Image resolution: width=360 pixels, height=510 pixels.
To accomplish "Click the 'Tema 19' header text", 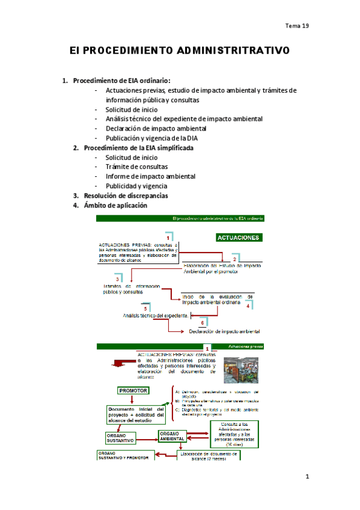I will [296, 26].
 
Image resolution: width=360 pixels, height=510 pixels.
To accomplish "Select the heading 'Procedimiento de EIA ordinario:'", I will [121, 81].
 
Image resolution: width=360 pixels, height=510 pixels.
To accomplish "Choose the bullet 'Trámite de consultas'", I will [136, 167].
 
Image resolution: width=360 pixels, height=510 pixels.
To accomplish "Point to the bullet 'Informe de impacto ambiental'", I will [150, 176].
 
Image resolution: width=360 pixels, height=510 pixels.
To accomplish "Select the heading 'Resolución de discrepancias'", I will [126, 195].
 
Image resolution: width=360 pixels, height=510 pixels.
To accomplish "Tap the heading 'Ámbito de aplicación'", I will [115, 205].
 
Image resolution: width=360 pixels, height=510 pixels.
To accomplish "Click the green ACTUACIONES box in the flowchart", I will [239, 237].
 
